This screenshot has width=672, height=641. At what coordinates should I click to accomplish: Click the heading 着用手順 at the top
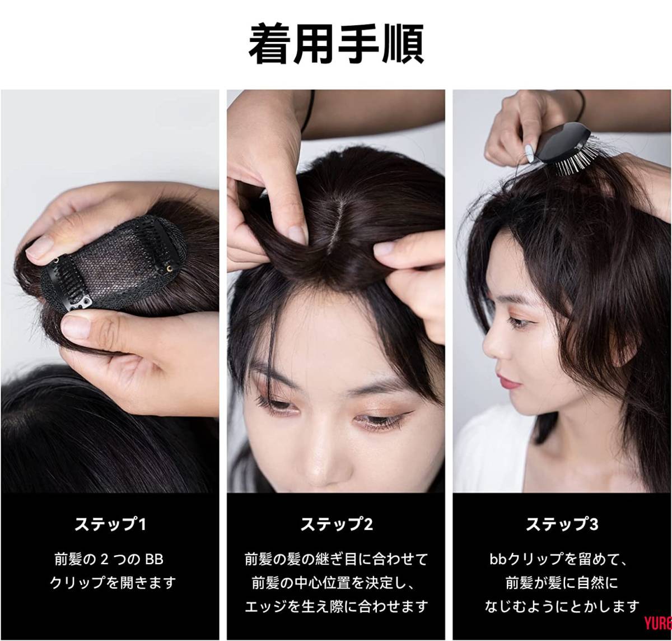[x=335, y=43]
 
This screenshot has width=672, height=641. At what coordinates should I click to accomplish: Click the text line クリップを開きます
[x=110, y=583]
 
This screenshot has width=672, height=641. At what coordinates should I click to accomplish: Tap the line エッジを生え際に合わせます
[x=336, y=606]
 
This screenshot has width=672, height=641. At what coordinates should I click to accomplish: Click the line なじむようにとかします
[x=562, y=606]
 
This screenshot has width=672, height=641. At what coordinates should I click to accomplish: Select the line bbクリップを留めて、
[x=562, y=559]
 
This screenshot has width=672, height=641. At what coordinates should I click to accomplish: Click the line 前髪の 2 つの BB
[x=110, y=559]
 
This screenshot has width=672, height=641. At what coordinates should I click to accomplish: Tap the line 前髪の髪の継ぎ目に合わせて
[x=336, y=559]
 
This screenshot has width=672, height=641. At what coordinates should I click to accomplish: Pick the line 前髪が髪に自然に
[x=562, y=583]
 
